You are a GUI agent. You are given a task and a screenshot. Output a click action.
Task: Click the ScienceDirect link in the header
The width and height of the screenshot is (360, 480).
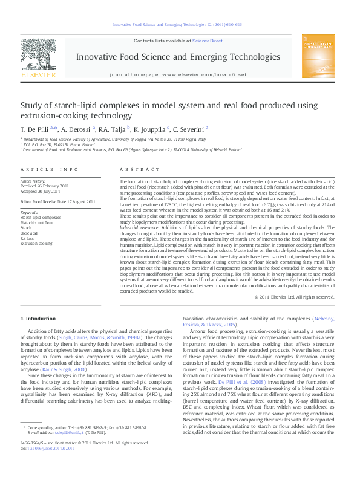tap(208, 41)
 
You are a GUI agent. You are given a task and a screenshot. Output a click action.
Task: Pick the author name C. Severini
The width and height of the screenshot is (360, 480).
tap(188, 129)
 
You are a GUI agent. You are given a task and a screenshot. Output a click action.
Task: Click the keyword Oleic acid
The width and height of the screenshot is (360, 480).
tap(29, 233)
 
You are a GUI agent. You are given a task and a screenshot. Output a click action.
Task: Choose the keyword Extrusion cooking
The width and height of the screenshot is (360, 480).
tap(36, 243)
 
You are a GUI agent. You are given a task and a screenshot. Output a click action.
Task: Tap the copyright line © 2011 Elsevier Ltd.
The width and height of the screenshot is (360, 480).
tap(294, 297)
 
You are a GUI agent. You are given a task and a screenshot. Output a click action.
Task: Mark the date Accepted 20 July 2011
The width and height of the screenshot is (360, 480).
tap(41, 190)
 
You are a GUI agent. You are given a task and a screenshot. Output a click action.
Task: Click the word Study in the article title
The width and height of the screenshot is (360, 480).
tap(32, 105)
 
